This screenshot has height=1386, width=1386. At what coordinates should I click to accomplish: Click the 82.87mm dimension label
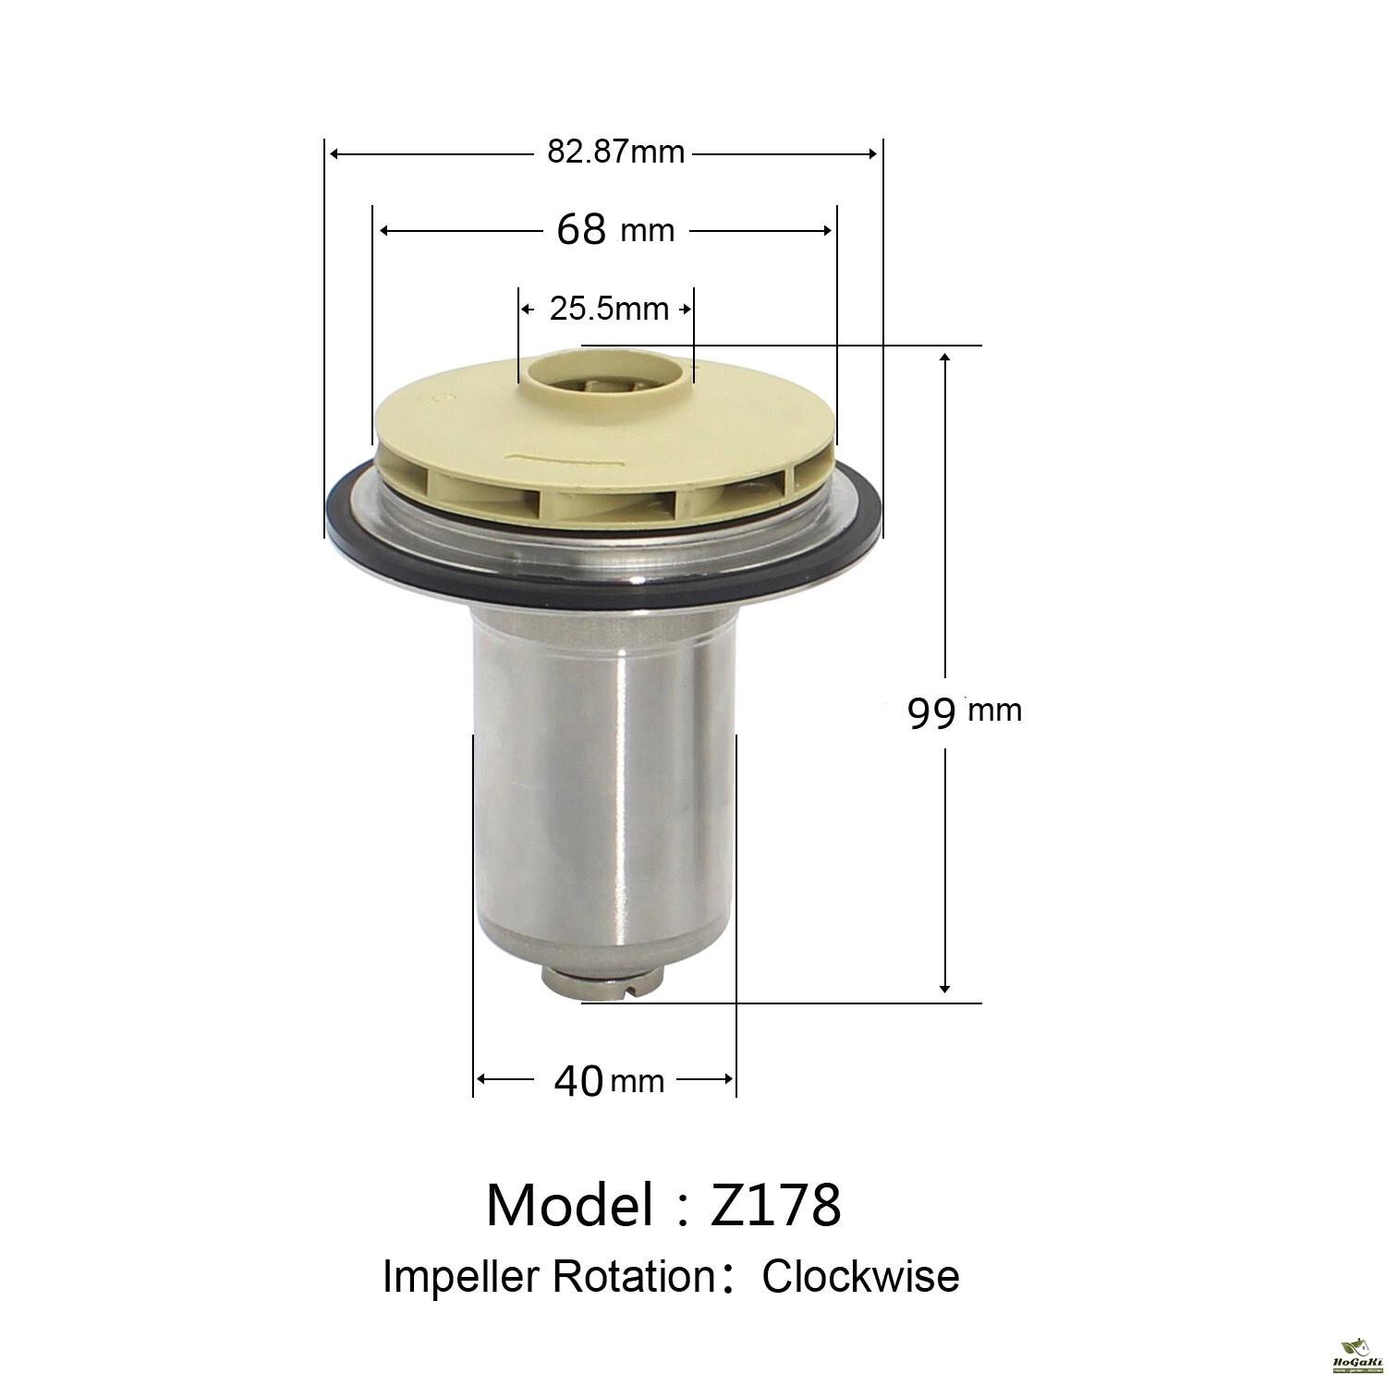(616, 151)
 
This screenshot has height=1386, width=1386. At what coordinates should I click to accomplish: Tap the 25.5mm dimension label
(609, 309)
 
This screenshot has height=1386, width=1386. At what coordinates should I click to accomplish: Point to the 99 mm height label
(965, 711)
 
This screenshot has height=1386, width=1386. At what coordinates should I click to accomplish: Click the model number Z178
(775, 1205)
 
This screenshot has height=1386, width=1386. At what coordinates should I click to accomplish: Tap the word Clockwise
(861, 1276)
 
